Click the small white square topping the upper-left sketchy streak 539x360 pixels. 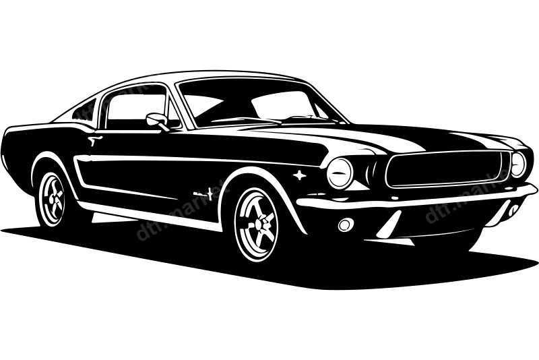click(x=156, y=68)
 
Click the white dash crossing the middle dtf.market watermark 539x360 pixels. click(x=166, y=218)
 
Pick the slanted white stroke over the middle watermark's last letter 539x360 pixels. click(x=222, y=189)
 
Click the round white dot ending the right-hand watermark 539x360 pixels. click(x=516, y=171)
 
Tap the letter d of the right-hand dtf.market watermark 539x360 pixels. click(x=431, y=216)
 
